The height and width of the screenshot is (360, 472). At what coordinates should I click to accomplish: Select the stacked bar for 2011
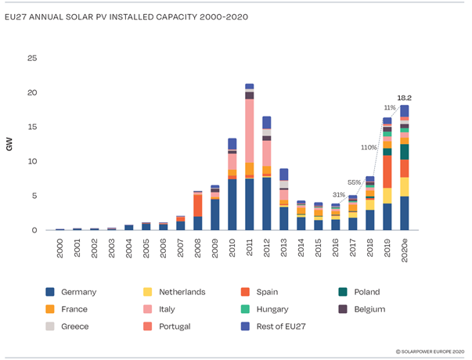tap(249, 157)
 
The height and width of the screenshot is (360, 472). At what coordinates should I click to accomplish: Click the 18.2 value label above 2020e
tap(404, 98)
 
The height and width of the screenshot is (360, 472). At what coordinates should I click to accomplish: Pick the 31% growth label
tap(338, 195)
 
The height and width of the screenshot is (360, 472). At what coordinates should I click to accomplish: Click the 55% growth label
tap(355, 182)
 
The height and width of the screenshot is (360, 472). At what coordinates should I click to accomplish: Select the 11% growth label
tap(389, 107)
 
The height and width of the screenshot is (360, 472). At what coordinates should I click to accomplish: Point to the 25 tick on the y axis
tap(32, 59)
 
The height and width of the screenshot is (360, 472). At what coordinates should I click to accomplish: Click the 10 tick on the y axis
tap(32, 161)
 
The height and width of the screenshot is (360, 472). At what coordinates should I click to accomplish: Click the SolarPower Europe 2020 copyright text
tap(430, 353)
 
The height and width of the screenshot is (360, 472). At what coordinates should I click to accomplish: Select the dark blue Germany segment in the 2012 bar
tap(266, 203)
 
